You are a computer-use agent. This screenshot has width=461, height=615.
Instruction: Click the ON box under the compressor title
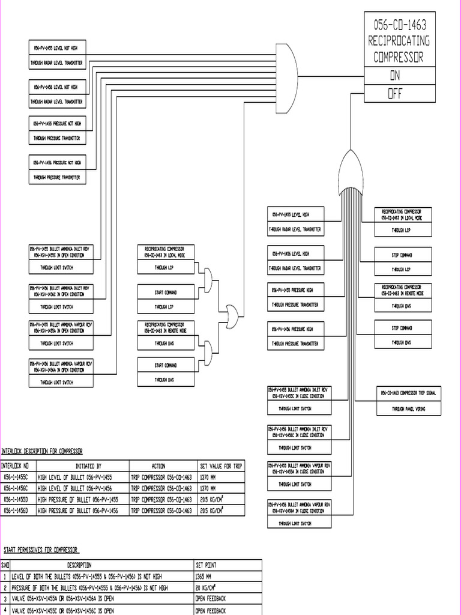(399, 76)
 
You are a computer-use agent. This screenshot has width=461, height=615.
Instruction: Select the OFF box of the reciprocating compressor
(399, 94)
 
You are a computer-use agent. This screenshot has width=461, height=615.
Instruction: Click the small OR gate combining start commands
(231, 313)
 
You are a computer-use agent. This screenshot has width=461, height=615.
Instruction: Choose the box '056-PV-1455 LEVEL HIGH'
(296, 214)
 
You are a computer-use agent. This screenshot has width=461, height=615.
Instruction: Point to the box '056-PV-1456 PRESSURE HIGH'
(296, 329)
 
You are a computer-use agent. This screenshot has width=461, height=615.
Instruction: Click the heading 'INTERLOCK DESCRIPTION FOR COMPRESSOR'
(42, 451)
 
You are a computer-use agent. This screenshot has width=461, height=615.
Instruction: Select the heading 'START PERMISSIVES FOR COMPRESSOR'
(41, 550)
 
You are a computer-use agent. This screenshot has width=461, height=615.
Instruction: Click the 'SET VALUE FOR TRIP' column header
(221, 466)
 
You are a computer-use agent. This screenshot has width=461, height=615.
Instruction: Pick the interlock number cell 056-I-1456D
(18, 510)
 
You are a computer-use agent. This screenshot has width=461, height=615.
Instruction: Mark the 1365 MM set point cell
(227, 577)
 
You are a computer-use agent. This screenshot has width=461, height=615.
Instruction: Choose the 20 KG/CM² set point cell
(227, 588)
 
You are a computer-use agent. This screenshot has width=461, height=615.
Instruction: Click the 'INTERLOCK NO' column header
(18, 466)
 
